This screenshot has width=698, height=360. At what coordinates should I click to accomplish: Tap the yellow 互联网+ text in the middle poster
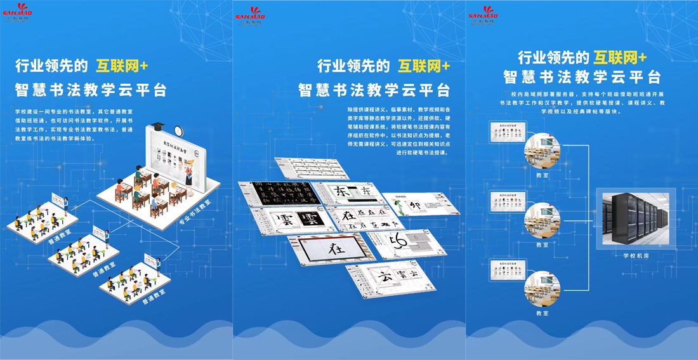[424, 66]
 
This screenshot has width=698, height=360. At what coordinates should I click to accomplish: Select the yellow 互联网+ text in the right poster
[620, 58]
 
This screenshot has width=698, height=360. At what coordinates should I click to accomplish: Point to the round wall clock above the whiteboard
[179, 131]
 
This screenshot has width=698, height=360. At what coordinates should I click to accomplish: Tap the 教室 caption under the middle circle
[542, 244]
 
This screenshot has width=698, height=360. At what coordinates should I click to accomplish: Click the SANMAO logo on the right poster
[484, 14]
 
